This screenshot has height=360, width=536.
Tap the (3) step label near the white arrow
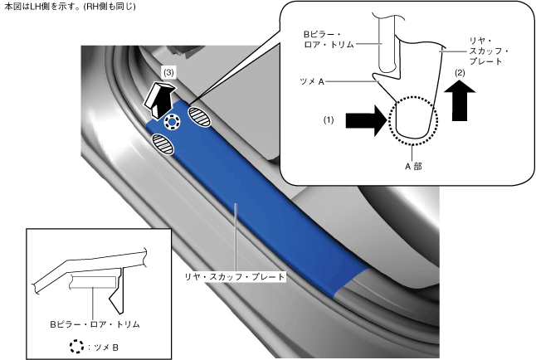pos(169,73)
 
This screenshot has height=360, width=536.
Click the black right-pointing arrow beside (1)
pos(366,121)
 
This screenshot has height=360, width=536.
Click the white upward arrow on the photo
pos(158,97)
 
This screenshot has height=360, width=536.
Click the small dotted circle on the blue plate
pos(172,124)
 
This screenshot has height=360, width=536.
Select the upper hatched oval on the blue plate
pos(201,117)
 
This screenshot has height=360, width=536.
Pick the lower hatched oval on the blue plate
pos(165,147)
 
